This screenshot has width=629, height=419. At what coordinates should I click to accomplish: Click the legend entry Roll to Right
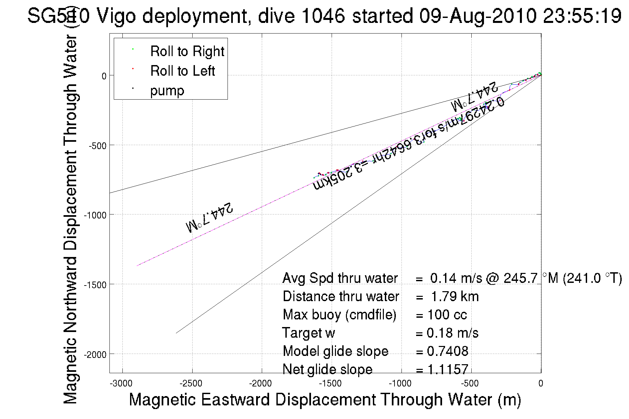point(187,51)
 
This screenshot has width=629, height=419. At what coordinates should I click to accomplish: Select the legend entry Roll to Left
point(182,71)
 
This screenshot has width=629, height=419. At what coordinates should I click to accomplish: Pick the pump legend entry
point(167,91)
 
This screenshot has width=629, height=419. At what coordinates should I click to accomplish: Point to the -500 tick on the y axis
point(97,146)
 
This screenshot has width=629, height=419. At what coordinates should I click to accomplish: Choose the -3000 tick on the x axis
point(122,384)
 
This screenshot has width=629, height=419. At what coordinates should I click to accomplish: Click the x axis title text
point(325,399)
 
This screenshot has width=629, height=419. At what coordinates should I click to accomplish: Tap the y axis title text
point(70,219)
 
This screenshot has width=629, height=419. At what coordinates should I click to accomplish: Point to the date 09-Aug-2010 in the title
point(477,16)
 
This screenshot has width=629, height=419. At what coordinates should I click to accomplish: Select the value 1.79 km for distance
point(455,296)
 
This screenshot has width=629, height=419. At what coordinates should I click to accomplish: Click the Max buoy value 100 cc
point(447,315)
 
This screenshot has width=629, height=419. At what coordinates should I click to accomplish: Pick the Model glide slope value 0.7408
point(447,351)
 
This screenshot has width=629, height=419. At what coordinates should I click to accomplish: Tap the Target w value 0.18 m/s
point(452,333)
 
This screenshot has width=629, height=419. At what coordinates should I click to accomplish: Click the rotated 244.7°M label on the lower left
point(209,217)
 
